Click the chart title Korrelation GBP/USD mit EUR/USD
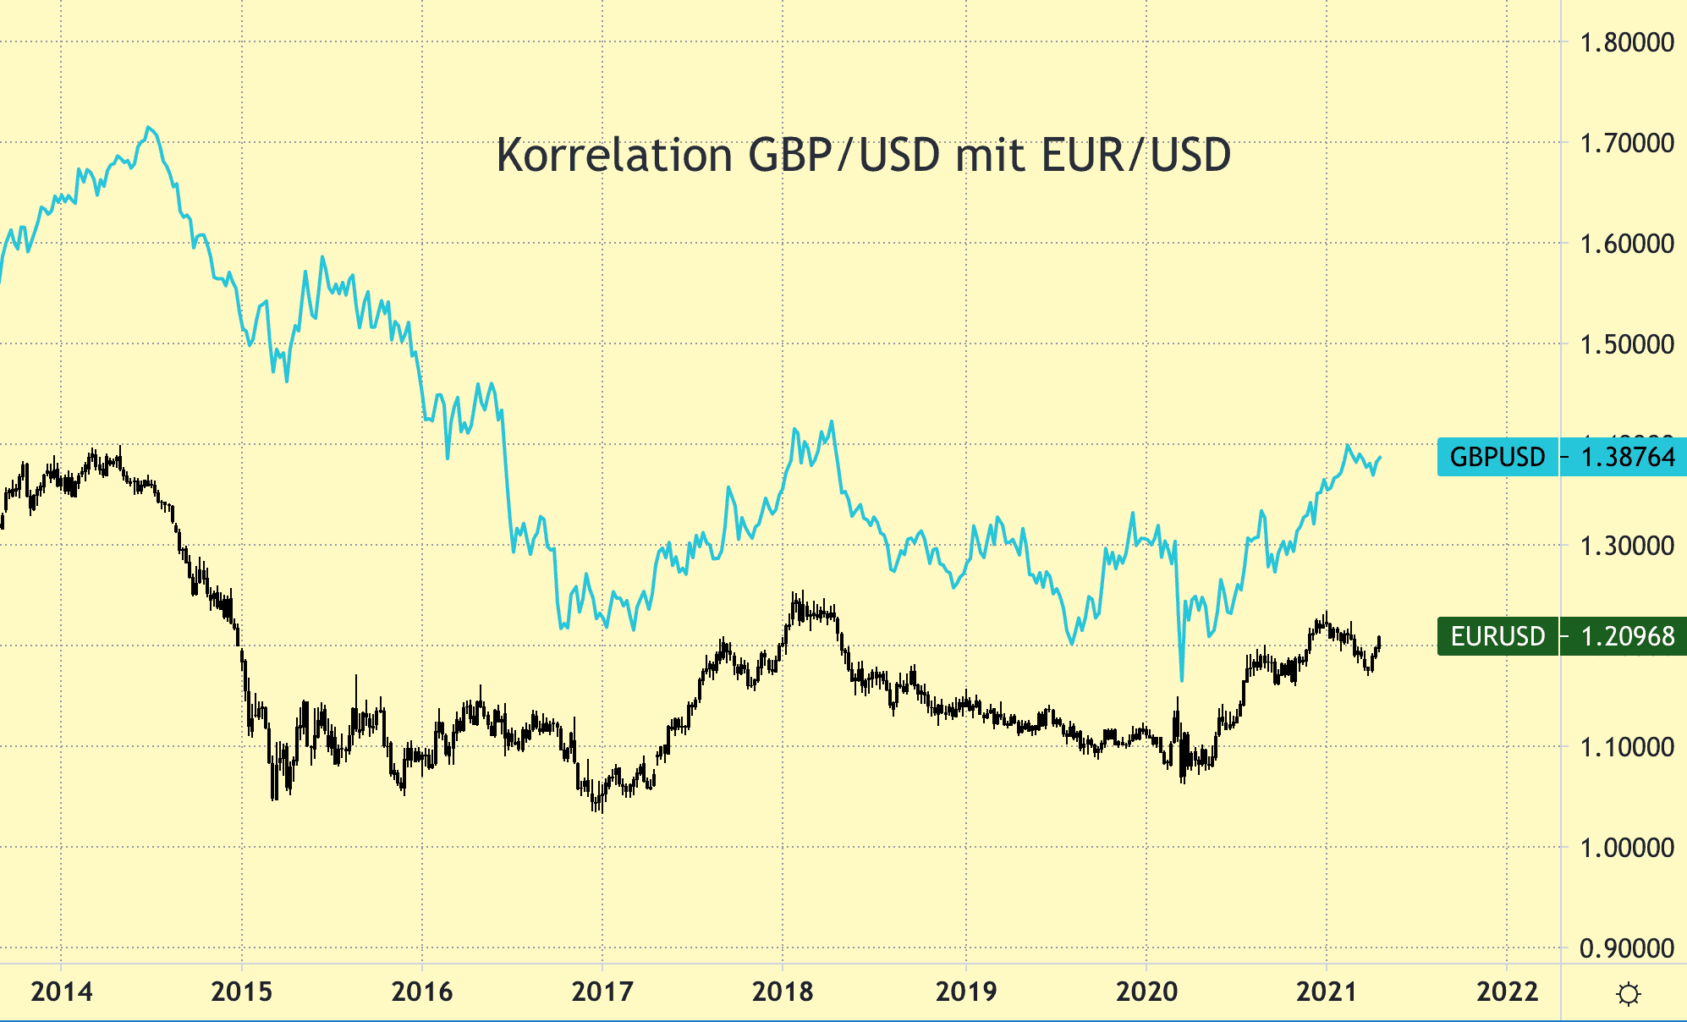pyautogui.click(x=863, y=156)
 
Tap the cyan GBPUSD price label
pyautogui.click(x=1561, y=457)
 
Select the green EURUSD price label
pyautogui.click(x=1561, y=636)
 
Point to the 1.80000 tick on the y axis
pyautogui.click(x=1626, y=42)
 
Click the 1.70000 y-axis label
pyautogui.click(x=1626, y=143)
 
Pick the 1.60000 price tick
pyautogui.click(x=1626, y=244)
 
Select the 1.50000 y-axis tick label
pyautogui.click(x=1626, y=344)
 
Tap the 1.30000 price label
pyautogui.click(x=1626, y=546)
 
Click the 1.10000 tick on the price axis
pyautogui.click(x=1626, y=747)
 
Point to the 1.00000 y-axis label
pyautogui.click(x=1626, y=848)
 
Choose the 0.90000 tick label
pyautogui.click(x=1626, y=948)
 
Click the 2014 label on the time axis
pyautogui.click(x=62, y=992)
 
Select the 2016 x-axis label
pyautogui.click(x=422, y=992)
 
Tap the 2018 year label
pyautogui.click(x=783, y=992)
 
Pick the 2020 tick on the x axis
pyautogui.click(x=1146, y=992)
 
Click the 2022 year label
pyautogui.click(x=1507, y=992)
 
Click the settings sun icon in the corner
pyautogui.click(x=1628, y=994)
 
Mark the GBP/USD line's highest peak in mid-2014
pyautogui.click(x=149, y=128)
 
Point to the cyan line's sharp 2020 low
pyautogui.click(x=1181, y=679)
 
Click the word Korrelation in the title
pyautogui.click(x=614, y=156)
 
